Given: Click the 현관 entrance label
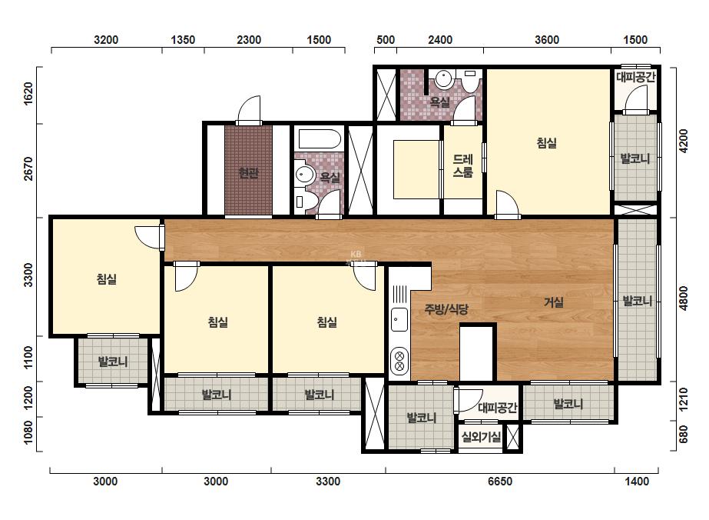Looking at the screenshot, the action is pos(248,172).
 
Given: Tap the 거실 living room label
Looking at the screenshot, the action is pos(554,302).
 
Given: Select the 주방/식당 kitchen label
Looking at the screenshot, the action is pos(446,309).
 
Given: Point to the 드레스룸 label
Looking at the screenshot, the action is pos(463,166).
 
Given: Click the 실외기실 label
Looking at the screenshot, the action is pos(481,437).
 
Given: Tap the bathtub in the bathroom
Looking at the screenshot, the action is pos(318,139).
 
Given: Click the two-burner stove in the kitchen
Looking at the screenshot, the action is pos(399,361).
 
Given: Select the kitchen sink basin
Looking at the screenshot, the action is pos(399,319).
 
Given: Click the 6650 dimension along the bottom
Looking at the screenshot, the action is pos(500,481).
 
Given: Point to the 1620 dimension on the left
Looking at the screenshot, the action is pos(28,94).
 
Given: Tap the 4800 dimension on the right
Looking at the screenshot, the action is pos(683,298).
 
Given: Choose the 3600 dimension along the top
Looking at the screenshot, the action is pos(547,40).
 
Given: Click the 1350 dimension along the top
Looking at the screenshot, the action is pos(183,40).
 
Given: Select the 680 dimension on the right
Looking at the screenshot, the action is pos(683,435).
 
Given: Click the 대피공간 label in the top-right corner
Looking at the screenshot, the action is pos(635,77).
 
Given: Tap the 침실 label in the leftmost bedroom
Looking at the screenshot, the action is pos(107,278).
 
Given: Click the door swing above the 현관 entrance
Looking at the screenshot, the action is pos(249,109).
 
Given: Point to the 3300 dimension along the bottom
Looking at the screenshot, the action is pos(328,481).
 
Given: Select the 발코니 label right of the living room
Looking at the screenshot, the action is pos(637,301).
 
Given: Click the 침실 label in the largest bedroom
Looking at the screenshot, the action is pos(547,143).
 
